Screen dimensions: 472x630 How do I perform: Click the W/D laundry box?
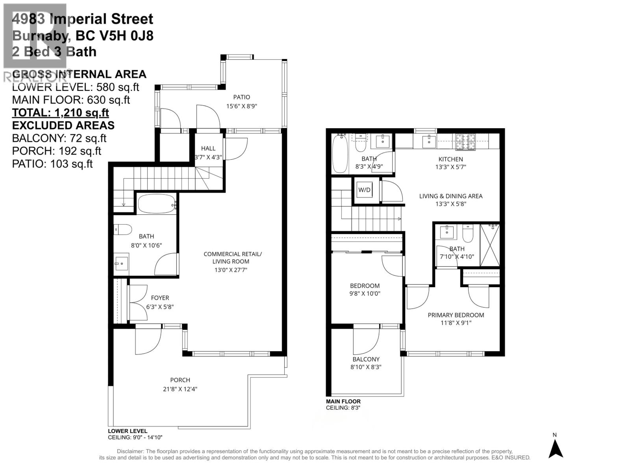tap(364, 190)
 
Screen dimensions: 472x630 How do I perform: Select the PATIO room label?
tap(241, 97)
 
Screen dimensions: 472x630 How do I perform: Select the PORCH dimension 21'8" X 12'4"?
tap(180, 389)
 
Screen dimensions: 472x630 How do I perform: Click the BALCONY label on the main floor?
tap(366, 359)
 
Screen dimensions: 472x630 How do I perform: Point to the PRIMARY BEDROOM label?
tap(456, 315)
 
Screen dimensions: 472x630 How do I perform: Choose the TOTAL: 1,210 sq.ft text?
tap(60, 112)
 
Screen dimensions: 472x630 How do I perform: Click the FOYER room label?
tap(160, 298)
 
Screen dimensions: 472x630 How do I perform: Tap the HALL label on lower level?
tap(208, 148)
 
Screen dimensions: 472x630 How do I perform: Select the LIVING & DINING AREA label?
tap(450, 196)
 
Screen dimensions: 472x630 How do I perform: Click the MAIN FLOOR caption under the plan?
tap(343, 402)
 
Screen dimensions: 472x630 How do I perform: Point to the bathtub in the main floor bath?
tap(340, 153)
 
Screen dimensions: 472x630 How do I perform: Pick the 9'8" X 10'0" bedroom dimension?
tap(365, 293)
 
